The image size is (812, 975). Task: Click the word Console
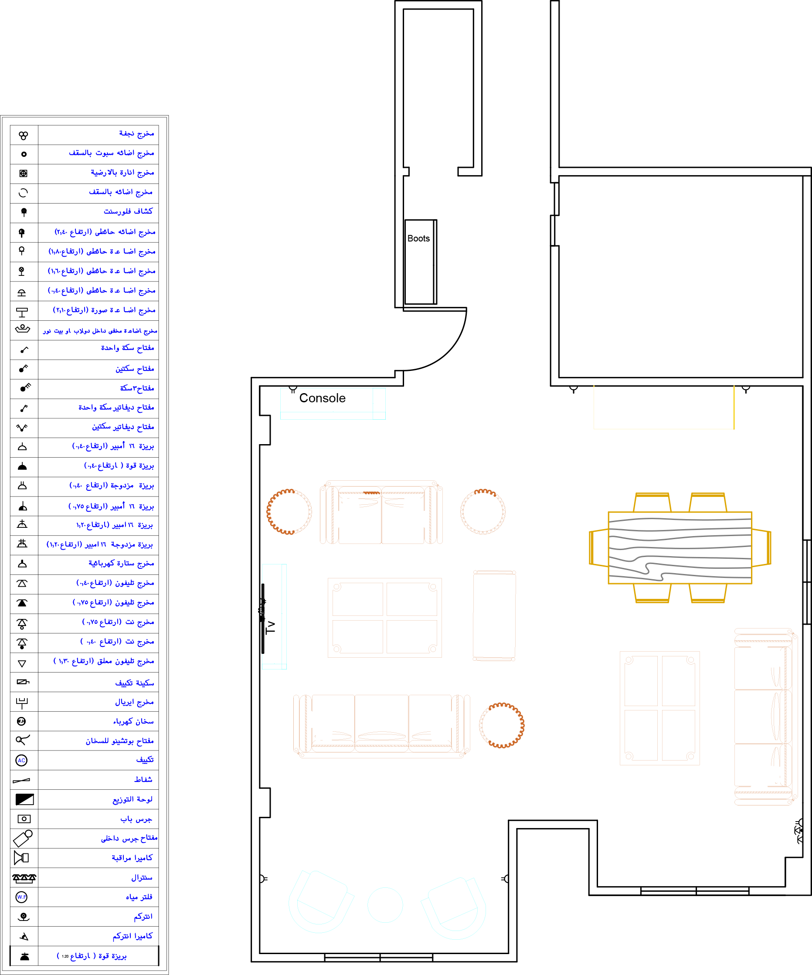[x=322, y=398]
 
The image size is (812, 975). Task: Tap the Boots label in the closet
[x=418, y=238]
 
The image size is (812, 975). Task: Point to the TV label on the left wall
[x=271, y=628]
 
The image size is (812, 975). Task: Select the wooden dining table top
[x=679, y=548]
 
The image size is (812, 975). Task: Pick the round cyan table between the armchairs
[x=385, y=904]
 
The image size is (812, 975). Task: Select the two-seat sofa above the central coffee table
[x=381, y=513]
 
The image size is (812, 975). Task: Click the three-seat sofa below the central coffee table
[x=381, y=725]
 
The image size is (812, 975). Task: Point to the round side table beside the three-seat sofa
[x=501, y=725]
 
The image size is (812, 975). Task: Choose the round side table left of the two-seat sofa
[x=289, y=512]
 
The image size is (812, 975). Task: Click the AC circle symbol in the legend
[x=22, y=761]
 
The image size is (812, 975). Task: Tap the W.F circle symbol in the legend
[x=22, y=897]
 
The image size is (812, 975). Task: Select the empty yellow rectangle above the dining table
[x=664, y=407]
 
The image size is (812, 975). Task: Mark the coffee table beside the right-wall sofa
[x=660, y=708]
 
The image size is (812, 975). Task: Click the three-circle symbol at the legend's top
[x=23, y=135]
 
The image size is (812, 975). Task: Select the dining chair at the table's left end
[x=598, y=548]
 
